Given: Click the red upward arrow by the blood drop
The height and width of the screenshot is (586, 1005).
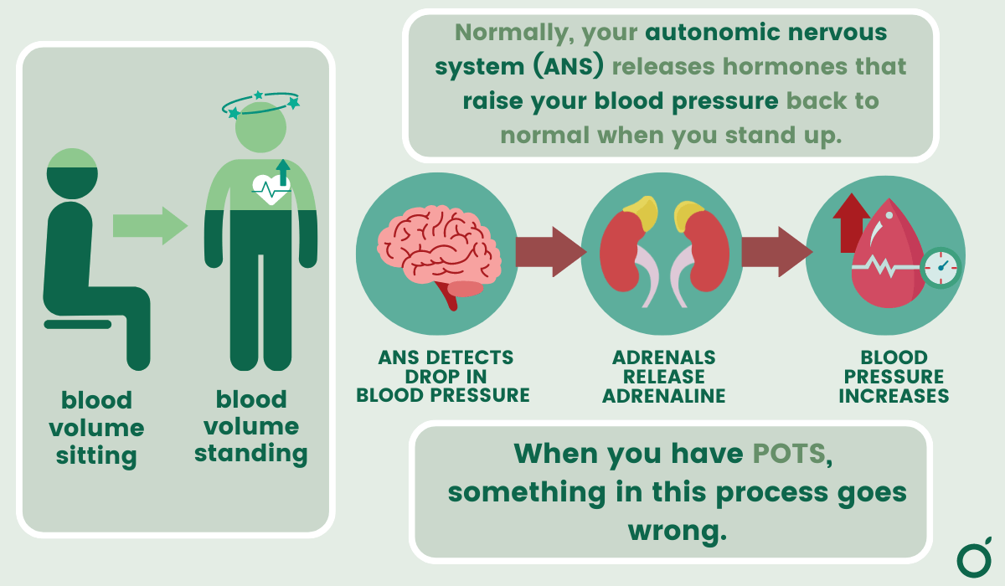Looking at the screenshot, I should click(851, 222).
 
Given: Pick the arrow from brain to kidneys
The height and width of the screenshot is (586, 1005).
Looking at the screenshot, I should click(549, 251).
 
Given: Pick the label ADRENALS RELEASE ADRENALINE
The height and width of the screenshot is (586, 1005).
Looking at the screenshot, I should click(662, 377).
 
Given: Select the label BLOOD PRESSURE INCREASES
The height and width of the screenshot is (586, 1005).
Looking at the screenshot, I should click(894, 377).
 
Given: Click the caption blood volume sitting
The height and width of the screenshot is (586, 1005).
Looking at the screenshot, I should click(96, 428).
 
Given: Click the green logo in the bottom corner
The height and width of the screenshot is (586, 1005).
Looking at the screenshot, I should click(973, 558).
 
